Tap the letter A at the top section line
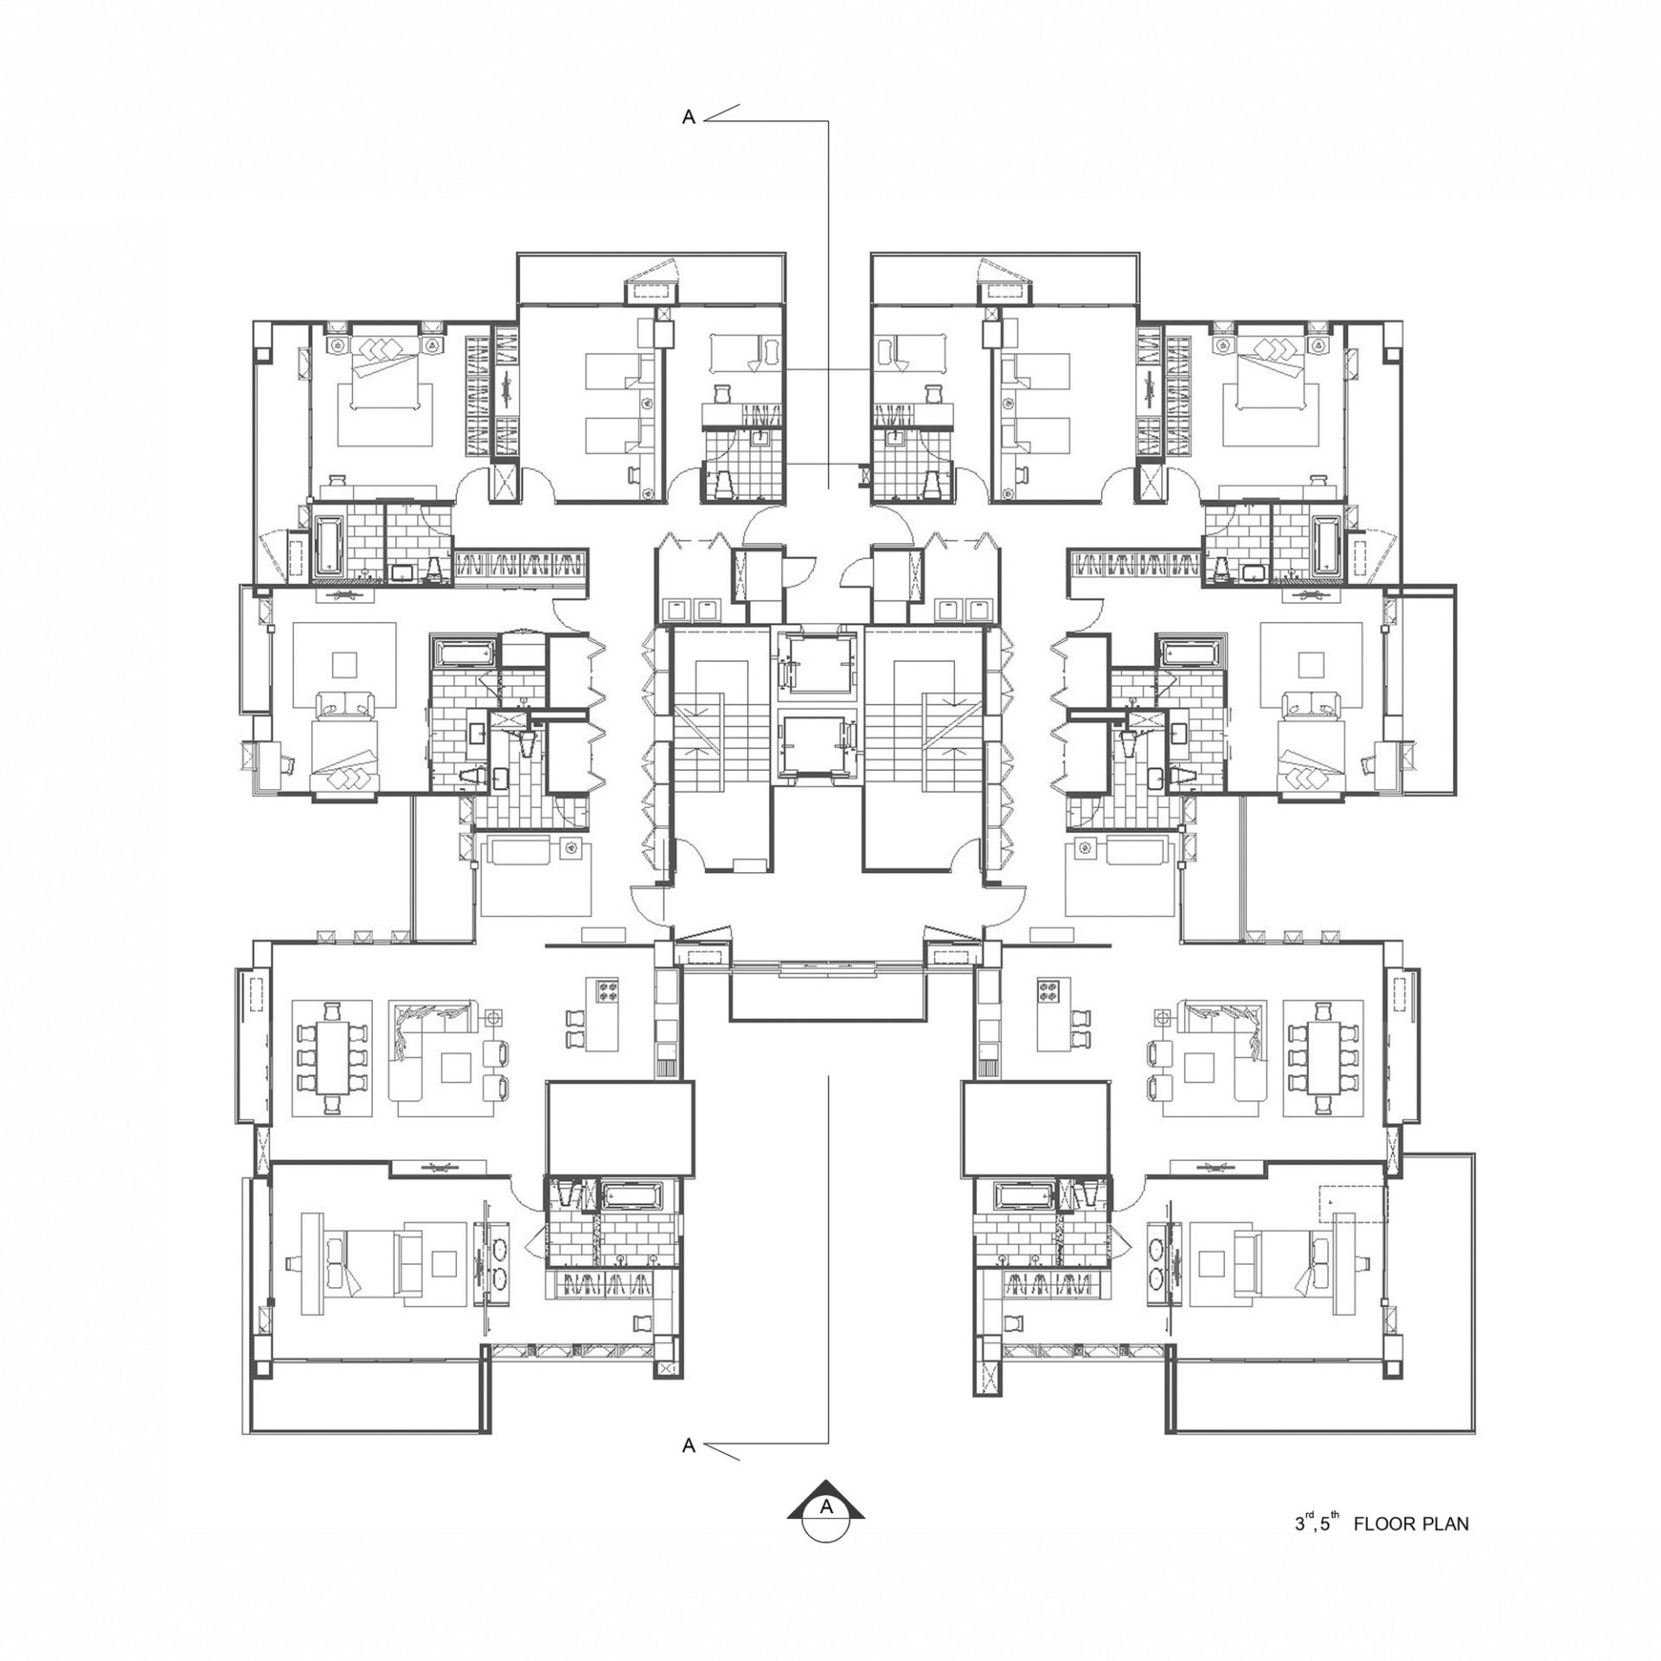point(689,119)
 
